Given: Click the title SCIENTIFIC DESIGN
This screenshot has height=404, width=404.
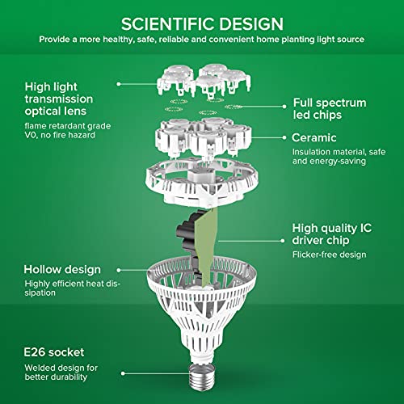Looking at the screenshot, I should pos(202,23).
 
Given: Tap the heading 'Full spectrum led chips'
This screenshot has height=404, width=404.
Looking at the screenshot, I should pos(329,109).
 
